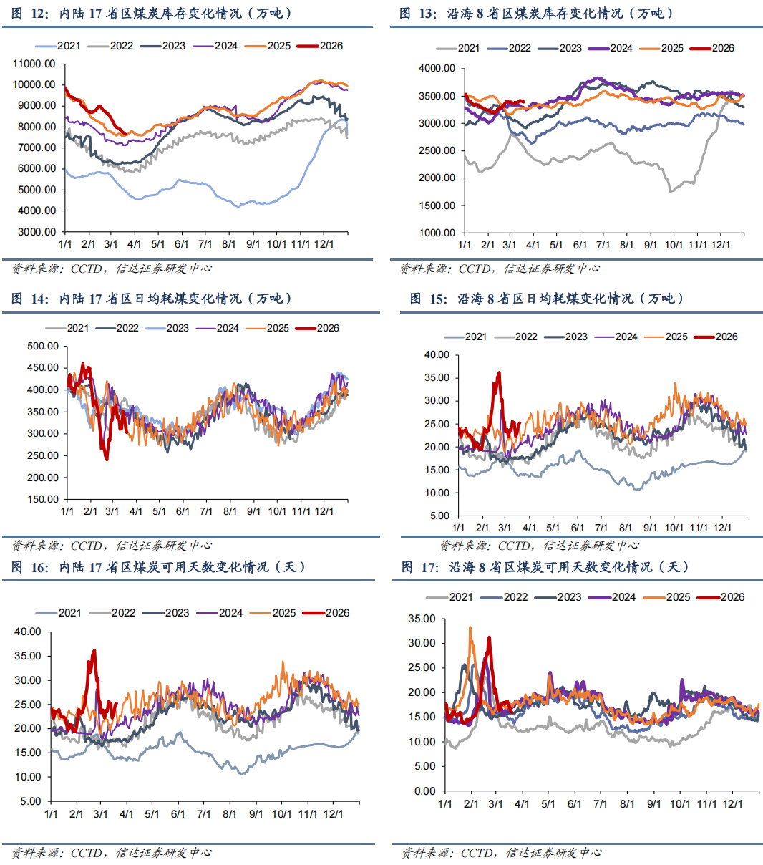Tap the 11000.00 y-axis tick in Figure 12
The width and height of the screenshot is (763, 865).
click(x=34, y=64)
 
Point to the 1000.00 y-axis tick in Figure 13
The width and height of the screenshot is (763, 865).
click(x=437, y=233)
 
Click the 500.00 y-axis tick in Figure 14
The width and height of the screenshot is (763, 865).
click(x=43, y=346)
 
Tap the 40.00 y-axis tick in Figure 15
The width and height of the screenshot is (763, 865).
click(x=437, y=354)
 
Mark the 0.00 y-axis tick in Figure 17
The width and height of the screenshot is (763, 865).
click(x=424, y=791)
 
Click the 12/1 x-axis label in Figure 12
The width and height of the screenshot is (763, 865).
click(x=324, y=244)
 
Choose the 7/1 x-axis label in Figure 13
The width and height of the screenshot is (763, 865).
click(x=603, y=245)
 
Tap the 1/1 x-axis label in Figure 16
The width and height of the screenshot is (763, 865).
click(x=51, y=814)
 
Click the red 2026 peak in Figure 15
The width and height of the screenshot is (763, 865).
click(x=499, y=372)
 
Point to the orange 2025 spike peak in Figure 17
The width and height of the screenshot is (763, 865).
click(x=470, y=628)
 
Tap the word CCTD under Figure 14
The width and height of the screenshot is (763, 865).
click(x=86, y=546)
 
